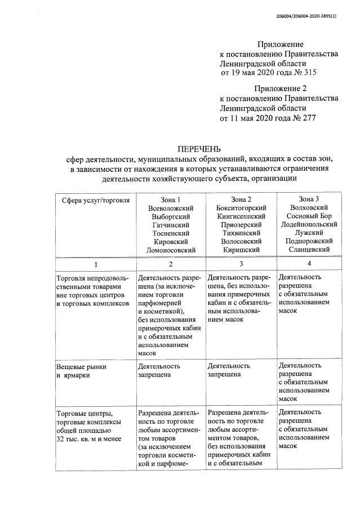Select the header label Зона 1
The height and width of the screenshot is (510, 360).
[x=171, y=199]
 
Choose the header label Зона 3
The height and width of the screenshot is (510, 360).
[x=308, y=199]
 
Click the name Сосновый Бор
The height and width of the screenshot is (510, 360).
[x=308, y=216]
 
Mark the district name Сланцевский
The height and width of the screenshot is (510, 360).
[x=308, y=249]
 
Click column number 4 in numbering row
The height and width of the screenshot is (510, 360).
[x=308, y=264]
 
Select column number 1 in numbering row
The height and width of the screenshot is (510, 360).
[x=96, y=264]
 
